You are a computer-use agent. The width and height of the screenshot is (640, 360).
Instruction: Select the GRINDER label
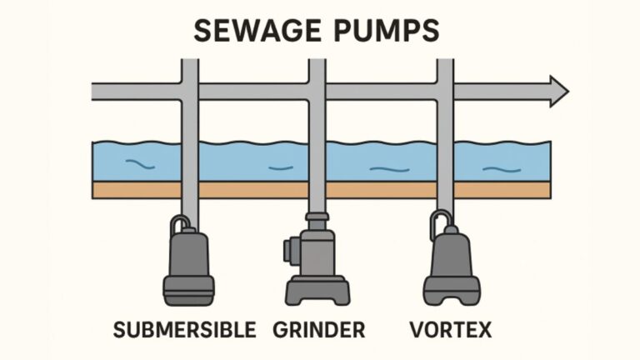click(319, 330)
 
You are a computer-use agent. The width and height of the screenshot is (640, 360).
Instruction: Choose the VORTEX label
click(450, 330)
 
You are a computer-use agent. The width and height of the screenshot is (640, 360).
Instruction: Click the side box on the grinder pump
click(290, 249)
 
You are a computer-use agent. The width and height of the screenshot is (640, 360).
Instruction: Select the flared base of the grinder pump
click(317, 291)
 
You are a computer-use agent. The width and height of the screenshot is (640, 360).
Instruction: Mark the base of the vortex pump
click(451, 291)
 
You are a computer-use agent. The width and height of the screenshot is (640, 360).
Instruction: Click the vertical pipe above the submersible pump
click(190, 125)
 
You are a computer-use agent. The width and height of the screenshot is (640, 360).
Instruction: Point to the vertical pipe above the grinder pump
click(317, 125)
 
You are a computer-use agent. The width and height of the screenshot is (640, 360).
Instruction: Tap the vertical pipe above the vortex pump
click(445, 125)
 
